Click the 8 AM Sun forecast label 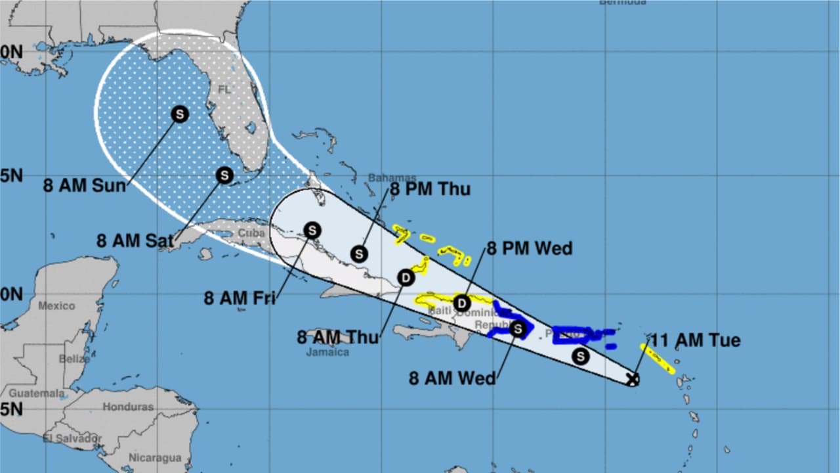click(84, 186)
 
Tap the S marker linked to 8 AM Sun click(180, 114)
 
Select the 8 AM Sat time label click(127, 240)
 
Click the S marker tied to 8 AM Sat click(225, 175)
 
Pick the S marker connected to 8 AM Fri click(312, 230)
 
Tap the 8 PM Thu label click(430, 189)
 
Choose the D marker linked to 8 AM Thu click(406, 278)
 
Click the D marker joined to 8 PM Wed click(462, 303)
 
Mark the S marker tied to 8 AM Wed click(518, 328)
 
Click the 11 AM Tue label click(696, 340)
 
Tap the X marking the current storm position click(633, 379)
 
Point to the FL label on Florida click(224, 89)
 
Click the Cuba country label click(251, 233)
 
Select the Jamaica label click(327, 352)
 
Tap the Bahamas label click(392, 177)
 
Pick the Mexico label click(56, 305)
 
